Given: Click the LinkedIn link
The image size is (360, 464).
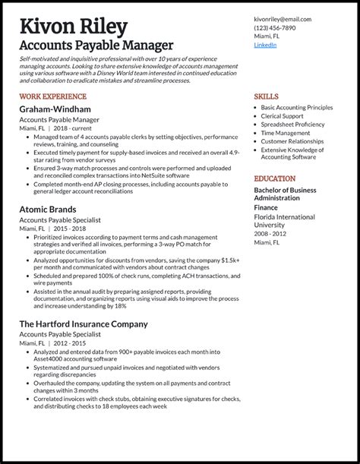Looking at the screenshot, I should pyautogui.click(x=265, y=45).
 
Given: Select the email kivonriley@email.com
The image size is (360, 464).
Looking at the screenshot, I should pyautogui.click(x=283, y=19).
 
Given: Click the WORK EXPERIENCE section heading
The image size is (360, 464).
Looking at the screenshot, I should pyautogui.click(x=53, y=97).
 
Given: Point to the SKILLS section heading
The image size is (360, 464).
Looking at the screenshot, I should pyautogui.click(x=266, y=97).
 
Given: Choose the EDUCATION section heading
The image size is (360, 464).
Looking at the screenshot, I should pyautogui.click(x=275, y=178).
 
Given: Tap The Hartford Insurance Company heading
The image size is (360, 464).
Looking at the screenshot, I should pyautogui.click(x=84, y=324).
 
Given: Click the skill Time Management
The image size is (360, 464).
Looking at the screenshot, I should pyautogui.click(x=286, y=133).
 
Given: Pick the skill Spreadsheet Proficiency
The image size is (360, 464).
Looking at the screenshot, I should pyautogui.click(x=292, y=125).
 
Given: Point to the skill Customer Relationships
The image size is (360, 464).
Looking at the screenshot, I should pyautogui.click(x=292, y=141).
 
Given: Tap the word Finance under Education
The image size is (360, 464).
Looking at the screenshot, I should pyautogui.click(x=266, y=207).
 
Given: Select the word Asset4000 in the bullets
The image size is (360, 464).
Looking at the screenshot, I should pyautogui.click(x=50, y=361).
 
